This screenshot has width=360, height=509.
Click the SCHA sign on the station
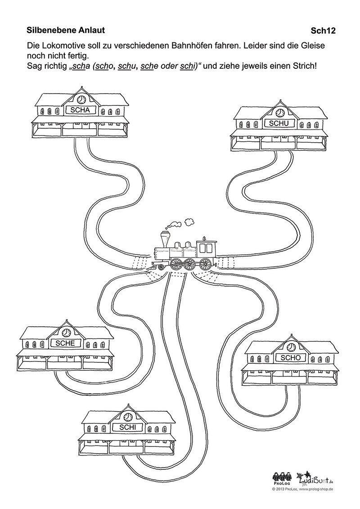81,110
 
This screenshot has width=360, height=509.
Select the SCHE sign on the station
66,343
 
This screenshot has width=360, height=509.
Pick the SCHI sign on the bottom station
127,428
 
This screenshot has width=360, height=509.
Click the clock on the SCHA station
81,99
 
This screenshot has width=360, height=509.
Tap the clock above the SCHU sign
280,113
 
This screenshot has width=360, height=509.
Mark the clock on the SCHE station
66,332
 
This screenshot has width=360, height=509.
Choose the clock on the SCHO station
291,347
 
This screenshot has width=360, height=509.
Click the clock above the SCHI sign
128,417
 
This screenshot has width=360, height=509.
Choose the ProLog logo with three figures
282,478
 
